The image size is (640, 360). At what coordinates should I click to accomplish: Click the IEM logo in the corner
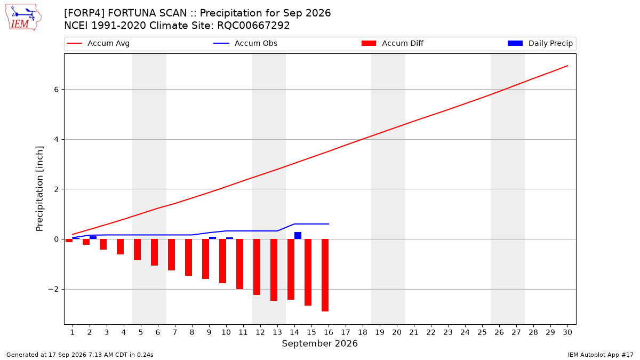pos(23,18)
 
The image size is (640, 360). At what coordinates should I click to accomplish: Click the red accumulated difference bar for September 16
pos(325,275)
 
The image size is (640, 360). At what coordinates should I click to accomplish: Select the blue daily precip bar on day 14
pos(298,235)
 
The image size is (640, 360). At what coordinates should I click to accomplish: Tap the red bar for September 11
pos(239,264)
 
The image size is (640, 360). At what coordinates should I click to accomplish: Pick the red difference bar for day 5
pos(138,250)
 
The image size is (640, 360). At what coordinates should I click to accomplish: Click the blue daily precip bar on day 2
pos(93,238)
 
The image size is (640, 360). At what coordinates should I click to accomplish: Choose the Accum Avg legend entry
pos(98,43)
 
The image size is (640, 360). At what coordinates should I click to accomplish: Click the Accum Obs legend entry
pos(245,43)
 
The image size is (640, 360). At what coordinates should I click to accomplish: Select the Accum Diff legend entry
pos(393,43)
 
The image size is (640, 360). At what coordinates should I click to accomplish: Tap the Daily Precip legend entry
pos(540,43)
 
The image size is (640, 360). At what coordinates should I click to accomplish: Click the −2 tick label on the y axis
pos(53,289)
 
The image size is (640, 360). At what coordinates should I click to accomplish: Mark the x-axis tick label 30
pos(567,332)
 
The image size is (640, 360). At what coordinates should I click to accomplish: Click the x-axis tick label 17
pos(346,332)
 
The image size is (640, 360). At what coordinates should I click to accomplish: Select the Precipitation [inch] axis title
pos(39,189)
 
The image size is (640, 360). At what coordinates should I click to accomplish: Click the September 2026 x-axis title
pos(319,343)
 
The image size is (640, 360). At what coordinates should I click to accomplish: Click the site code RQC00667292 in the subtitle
pos(253,26)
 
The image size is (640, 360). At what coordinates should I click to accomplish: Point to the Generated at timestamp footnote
pos(79,355)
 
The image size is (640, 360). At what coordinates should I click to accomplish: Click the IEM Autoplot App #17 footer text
pos(601,355)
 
